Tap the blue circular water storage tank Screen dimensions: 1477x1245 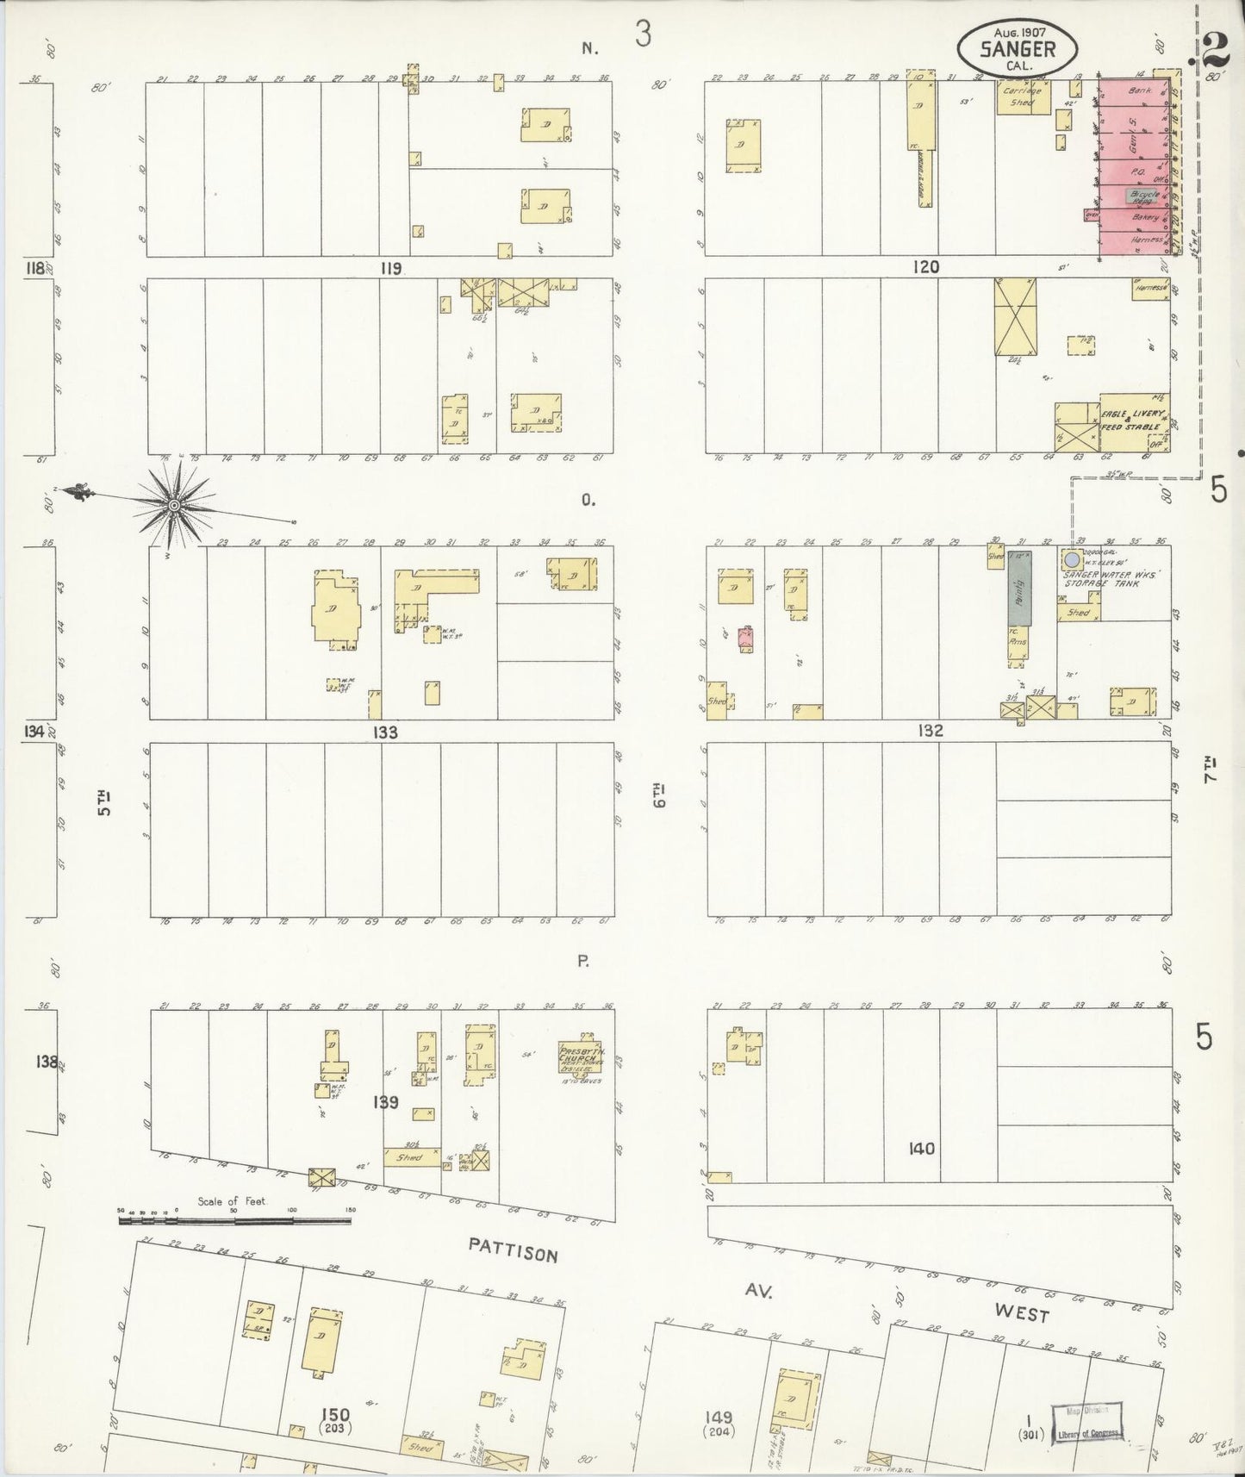1072,560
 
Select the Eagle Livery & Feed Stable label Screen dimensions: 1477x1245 1132,421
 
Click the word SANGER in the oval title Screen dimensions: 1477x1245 1018,49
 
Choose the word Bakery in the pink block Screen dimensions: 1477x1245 1145,219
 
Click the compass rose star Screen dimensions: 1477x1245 174,505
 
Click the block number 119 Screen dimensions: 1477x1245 390,269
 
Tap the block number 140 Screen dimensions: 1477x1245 921,1149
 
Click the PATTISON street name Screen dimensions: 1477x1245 514,1249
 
